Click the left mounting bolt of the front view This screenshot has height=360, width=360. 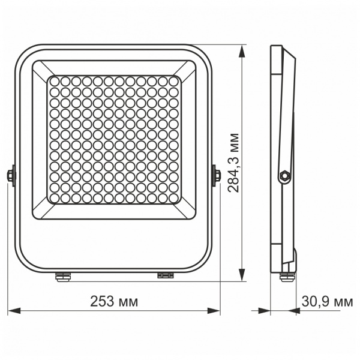(10, 175)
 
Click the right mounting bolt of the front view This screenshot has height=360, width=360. (217, 175)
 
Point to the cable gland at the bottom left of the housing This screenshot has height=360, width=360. (61, 276)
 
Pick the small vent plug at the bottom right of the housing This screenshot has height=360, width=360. (165, 275)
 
